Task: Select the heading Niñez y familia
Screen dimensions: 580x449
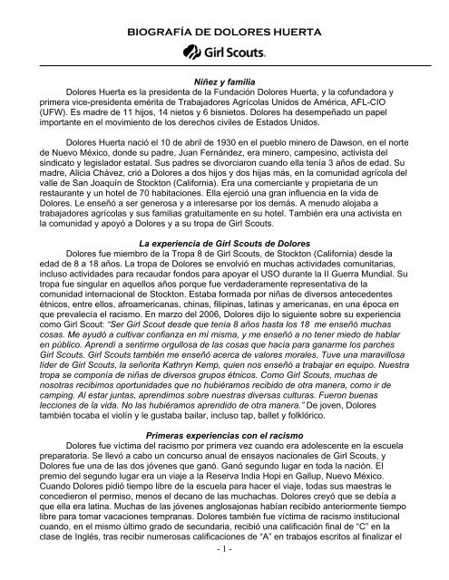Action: (224, 107)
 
